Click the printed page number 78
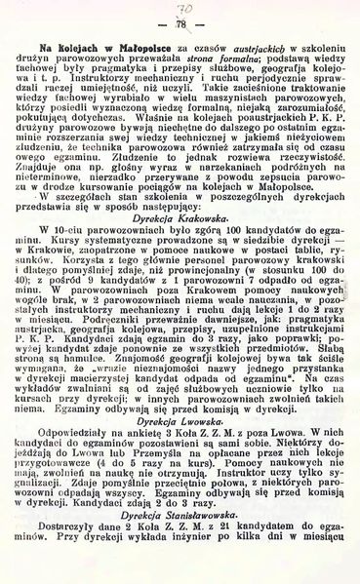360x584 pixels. tap(180, 23)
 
